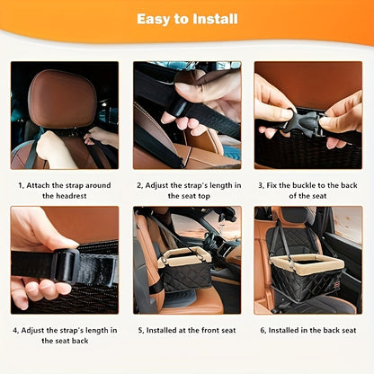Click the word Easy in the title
pos(154,20)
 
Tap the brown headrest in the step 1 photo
pos(62,99)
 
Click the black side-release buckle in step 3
pos(303,122)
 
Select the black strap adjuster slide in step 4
pos(65,265)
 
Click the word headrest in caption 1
pos(65,196)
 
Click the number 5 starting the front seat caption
pos(141,330)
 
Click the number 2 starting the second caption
pos(139,185)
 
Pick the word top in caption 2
pos(204,197)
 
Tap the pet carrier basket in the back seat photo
pos(307,276)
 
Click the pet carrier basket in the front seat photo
pos(184,267)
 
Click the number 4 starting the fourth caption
pos(15,330)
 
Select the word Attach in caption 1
pos(38,185)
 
